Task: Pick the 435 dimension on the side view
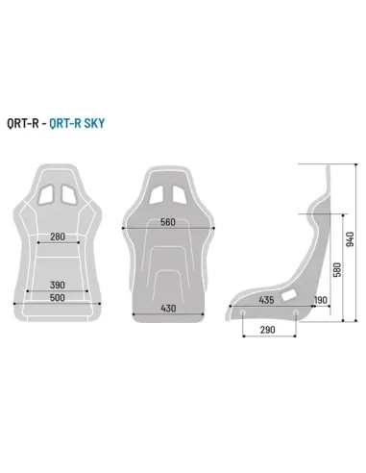coord(267,301)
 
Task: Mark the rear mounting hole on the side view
coord(294,312)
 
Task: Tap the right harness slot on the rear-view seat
coord(182,193)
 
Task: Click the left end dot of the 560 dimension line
coord(125,228)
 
